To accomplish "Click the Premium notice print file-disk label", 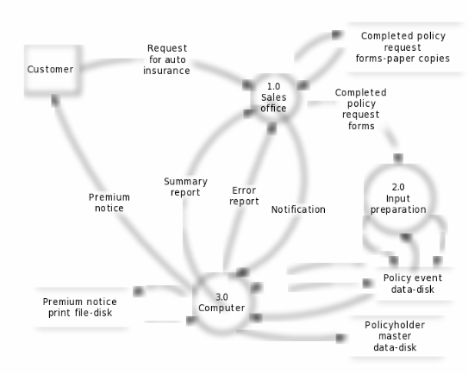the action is tap(80, 307).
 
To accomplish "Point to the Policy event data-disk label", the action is tap(413, 284).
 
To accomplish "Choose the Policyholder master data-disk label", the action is tap(395, 336).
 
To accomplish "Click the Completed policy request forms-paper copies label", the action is tap(402, 47).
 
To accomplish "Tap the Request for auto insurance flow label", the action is tap(166, 59).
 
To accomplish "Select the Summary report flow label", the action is tap(185, 187).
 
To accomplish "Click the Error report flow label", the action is tap(244, 196).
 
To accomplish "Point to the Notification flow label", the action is tap(298, 209).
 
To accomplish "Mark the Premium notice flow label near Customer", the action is tap(109, 203).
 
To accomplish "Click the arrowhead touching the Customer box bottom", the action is tap(55, 100).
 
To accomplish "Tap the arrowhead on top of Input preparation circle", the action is tap(398, 158).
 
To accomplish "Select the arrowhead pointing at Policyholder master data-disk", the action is tap(340, 338).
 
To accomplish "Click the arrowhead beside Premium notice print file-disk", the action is tap(139, 290).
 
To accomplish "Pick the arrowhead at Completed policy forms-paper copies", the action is tap(336, 35).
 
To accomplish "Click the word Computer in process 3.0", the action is tap(222, 308).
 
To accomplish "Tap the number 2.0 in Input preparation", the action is tap(398, 187).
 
